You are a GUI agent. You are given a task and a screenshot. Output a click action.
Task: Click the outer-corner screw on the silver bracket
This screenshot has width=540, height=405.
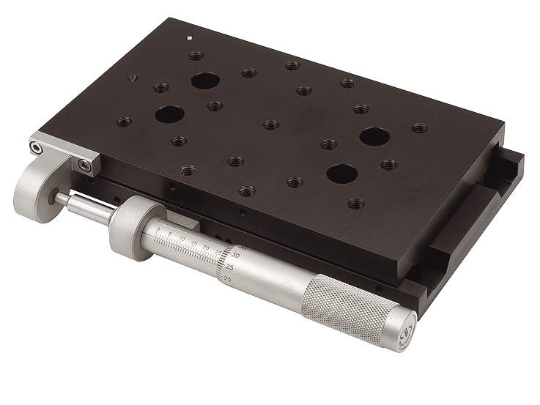(37, 149)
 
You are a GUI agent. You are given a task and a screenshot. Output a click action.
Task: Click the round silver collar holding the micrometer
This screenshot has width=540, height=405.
(132, 227)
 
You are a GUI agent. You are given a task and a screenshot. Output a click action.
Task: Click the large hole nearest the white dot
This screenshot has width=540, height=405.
(204, 80)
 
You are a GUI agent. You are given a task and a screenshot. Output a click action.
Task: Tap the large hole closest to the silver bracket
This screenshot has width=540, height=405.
(169, 114)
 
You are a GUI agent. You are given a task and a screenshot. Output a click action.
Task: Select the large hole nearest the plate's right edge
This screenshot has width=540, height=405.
(374, 136)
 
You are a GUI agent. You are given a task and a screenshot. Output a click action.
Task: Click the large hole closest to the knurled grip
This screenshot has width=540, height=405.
(341, 174)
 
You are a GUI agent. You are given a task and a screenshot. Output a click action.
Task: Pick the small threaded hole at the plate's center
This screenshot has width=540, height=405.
(271, 125)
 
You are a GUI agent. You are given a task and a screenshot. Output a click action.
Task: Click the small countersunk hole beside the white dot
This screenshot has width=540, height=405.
(133, 78)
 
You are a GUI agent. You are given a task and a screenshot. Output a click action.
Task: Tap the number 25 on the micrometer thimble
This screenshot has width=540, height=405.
(231, 267)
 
